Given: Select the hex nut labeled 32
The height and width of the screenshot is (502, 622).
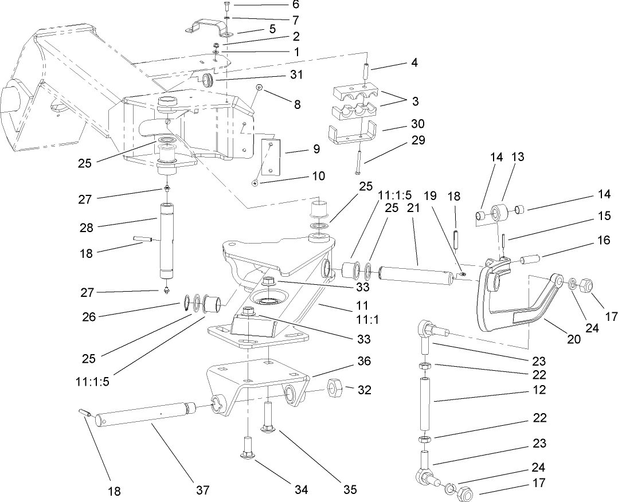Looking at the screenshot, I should (x=335, y=390).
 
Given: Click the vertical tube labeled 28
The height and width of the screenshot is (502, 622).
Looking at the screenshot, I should (x=166, y=235).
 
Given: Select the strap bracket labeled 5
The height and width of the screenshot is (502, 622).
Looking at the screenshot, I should (x=208, y=28).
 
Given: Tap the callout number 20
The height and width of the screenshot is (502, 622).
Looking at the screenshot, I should (x=574, y=339).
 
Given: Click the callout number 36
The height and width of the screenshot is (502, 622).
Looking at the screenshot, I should (x=363, y=362).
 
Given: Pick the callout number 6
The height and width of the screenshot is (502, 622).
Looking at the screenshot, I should (x=295, y=5).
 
